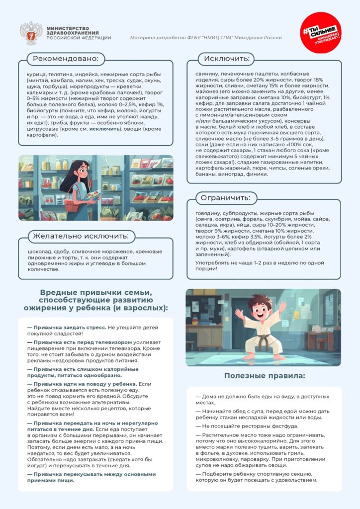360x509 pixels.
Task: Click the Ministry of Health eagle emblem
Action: coord(31,32)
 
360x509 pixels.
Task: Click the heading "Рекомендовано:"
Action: coord(66,59)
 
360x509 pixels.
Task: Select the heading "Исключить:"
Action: coord(226,59)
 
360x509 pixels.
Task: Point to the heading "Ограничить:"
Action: coord(225,198)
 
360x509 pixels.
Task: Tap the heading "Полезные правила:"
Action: coord(264,376)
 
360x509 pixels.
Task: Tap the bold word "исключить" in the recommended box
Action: coord(105,128)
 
